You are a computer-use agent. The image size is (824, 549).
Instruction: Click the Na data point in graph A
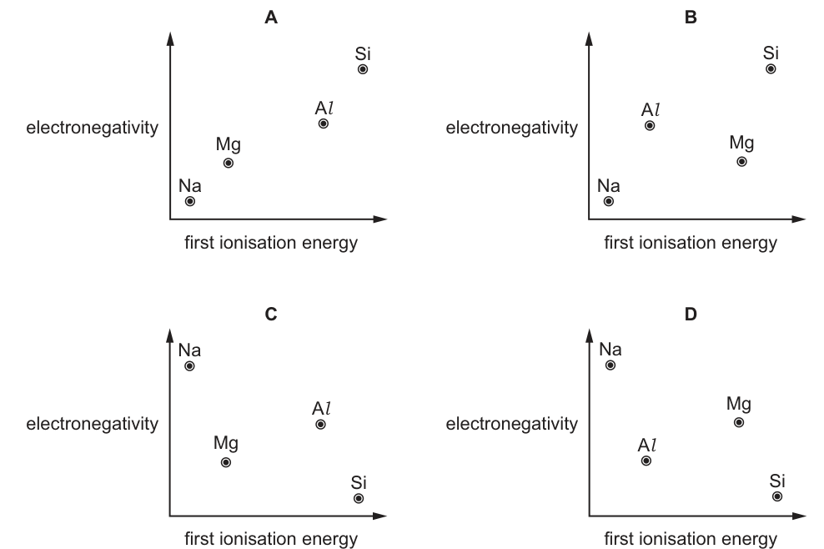(x=190, y=201)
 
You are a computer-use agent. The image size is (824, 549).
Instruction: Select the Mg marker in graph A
(x=228, y=163)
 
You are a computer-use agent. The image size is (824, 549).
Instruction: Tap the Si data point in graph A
(x=363, y=69)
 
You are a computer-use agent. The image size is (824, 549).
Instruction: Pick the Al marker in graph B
(x=650, y=126)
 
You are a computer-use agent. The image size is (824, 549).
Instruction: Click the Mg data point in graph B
(x=741, y=162)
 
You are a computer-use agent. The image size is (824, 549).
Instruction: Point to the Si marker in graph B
(x=771, y=69)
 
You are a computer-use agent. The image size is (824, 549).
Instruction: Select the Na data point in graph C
(x=189, y=366)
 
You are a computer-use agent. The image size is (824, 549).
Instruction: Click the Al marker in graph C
(x=320, y=425)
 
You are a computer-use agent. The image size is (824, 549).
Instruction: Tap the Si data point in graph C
(x=359, y=498)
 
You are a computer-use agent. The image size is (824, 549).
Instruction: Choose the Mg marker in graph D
(x=739, y=422)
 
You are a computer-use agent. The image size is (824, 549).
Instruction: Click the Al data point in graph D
(x=646, y=461)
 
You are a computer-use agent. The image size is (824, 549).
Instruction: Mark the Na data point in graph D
(x=610, y=365)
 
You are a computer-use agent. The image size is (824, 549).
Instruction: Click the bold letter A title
(x=271, y=18)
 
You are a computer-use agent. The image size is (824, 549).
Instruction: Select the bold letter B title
(x=691, y=18)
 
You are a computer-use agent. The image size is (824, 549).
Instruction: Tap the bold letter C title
(x=271, y=314)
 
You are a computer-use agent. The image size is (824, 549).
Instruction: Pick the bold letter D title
(x=691, y=314)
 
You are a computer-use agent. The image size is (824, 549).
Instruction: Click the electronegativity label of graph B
(x=512, y=128)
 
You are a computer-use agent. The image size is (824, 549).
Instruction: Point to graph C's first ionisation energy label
(x=271, y=538)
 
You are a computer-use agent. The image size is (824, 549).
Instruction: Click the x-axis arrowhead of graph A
(x=380, y=219)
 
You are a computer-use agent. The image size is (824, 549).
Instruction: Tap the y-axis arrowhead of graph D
(x=589, y=335)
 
